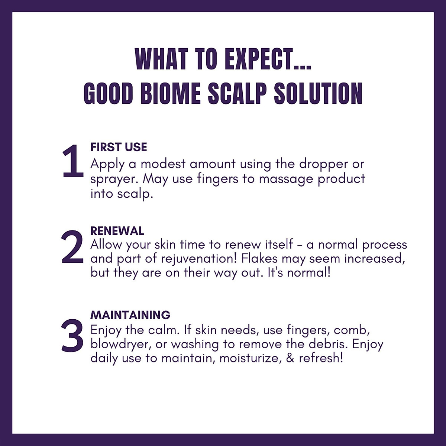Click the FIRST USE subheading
(119, 147)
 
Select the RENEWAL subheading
(117, 231)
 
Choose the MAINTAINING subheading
(130, 315)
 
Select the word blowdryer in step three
(120, 345)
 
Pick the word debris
(328, 344)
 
